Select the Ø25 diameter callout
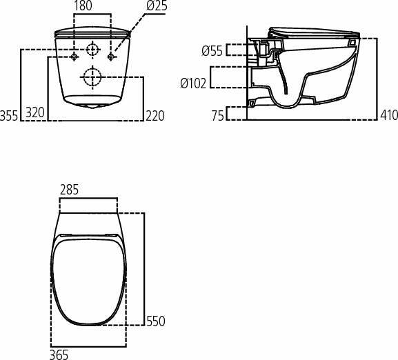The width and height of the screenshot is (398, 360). [x=157, y=6]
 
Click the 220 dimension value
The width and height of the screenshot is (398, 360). [x=155, y=115]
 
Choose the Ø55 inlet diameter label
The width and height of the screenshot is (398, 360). [x=212, y=50]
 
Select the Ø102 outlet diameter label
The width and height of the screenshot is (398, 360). [x=193, y=83]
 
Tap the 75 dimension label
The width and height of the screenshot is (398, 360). [x=218, y=116]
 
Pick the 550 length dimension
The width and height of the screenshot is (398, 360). [x=155, y=321]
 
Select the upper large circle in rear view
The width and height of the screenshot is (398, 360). [x=92, y=50]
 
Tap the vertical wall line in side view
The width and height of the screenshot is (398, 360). [x=247, y=69]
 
